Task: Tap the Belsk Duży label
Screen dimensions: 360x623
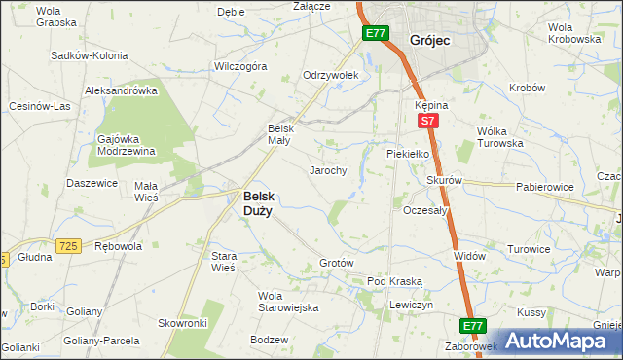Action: (x=257, y=201)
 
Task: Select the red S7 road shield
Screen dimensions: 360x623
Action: (x=427, y=121)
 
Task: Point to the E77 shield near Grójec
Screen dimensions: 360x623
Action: (x=376, y=34)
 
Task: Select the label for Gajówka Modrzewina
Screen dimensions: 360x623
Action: (x=127, y=144)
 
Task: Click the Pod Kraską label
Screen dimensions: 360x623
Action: (x=394, y=281)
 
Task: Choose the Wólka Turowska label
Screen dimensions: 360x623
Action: (x=500, y=137)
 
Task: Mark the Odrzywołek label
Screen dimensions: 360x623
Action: (x=331, y=75)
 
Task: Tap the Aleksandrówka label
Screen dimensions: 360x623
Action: (x=122, y=90)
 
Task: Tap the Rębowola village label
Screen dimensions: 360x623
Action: (x=118, y=246)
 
